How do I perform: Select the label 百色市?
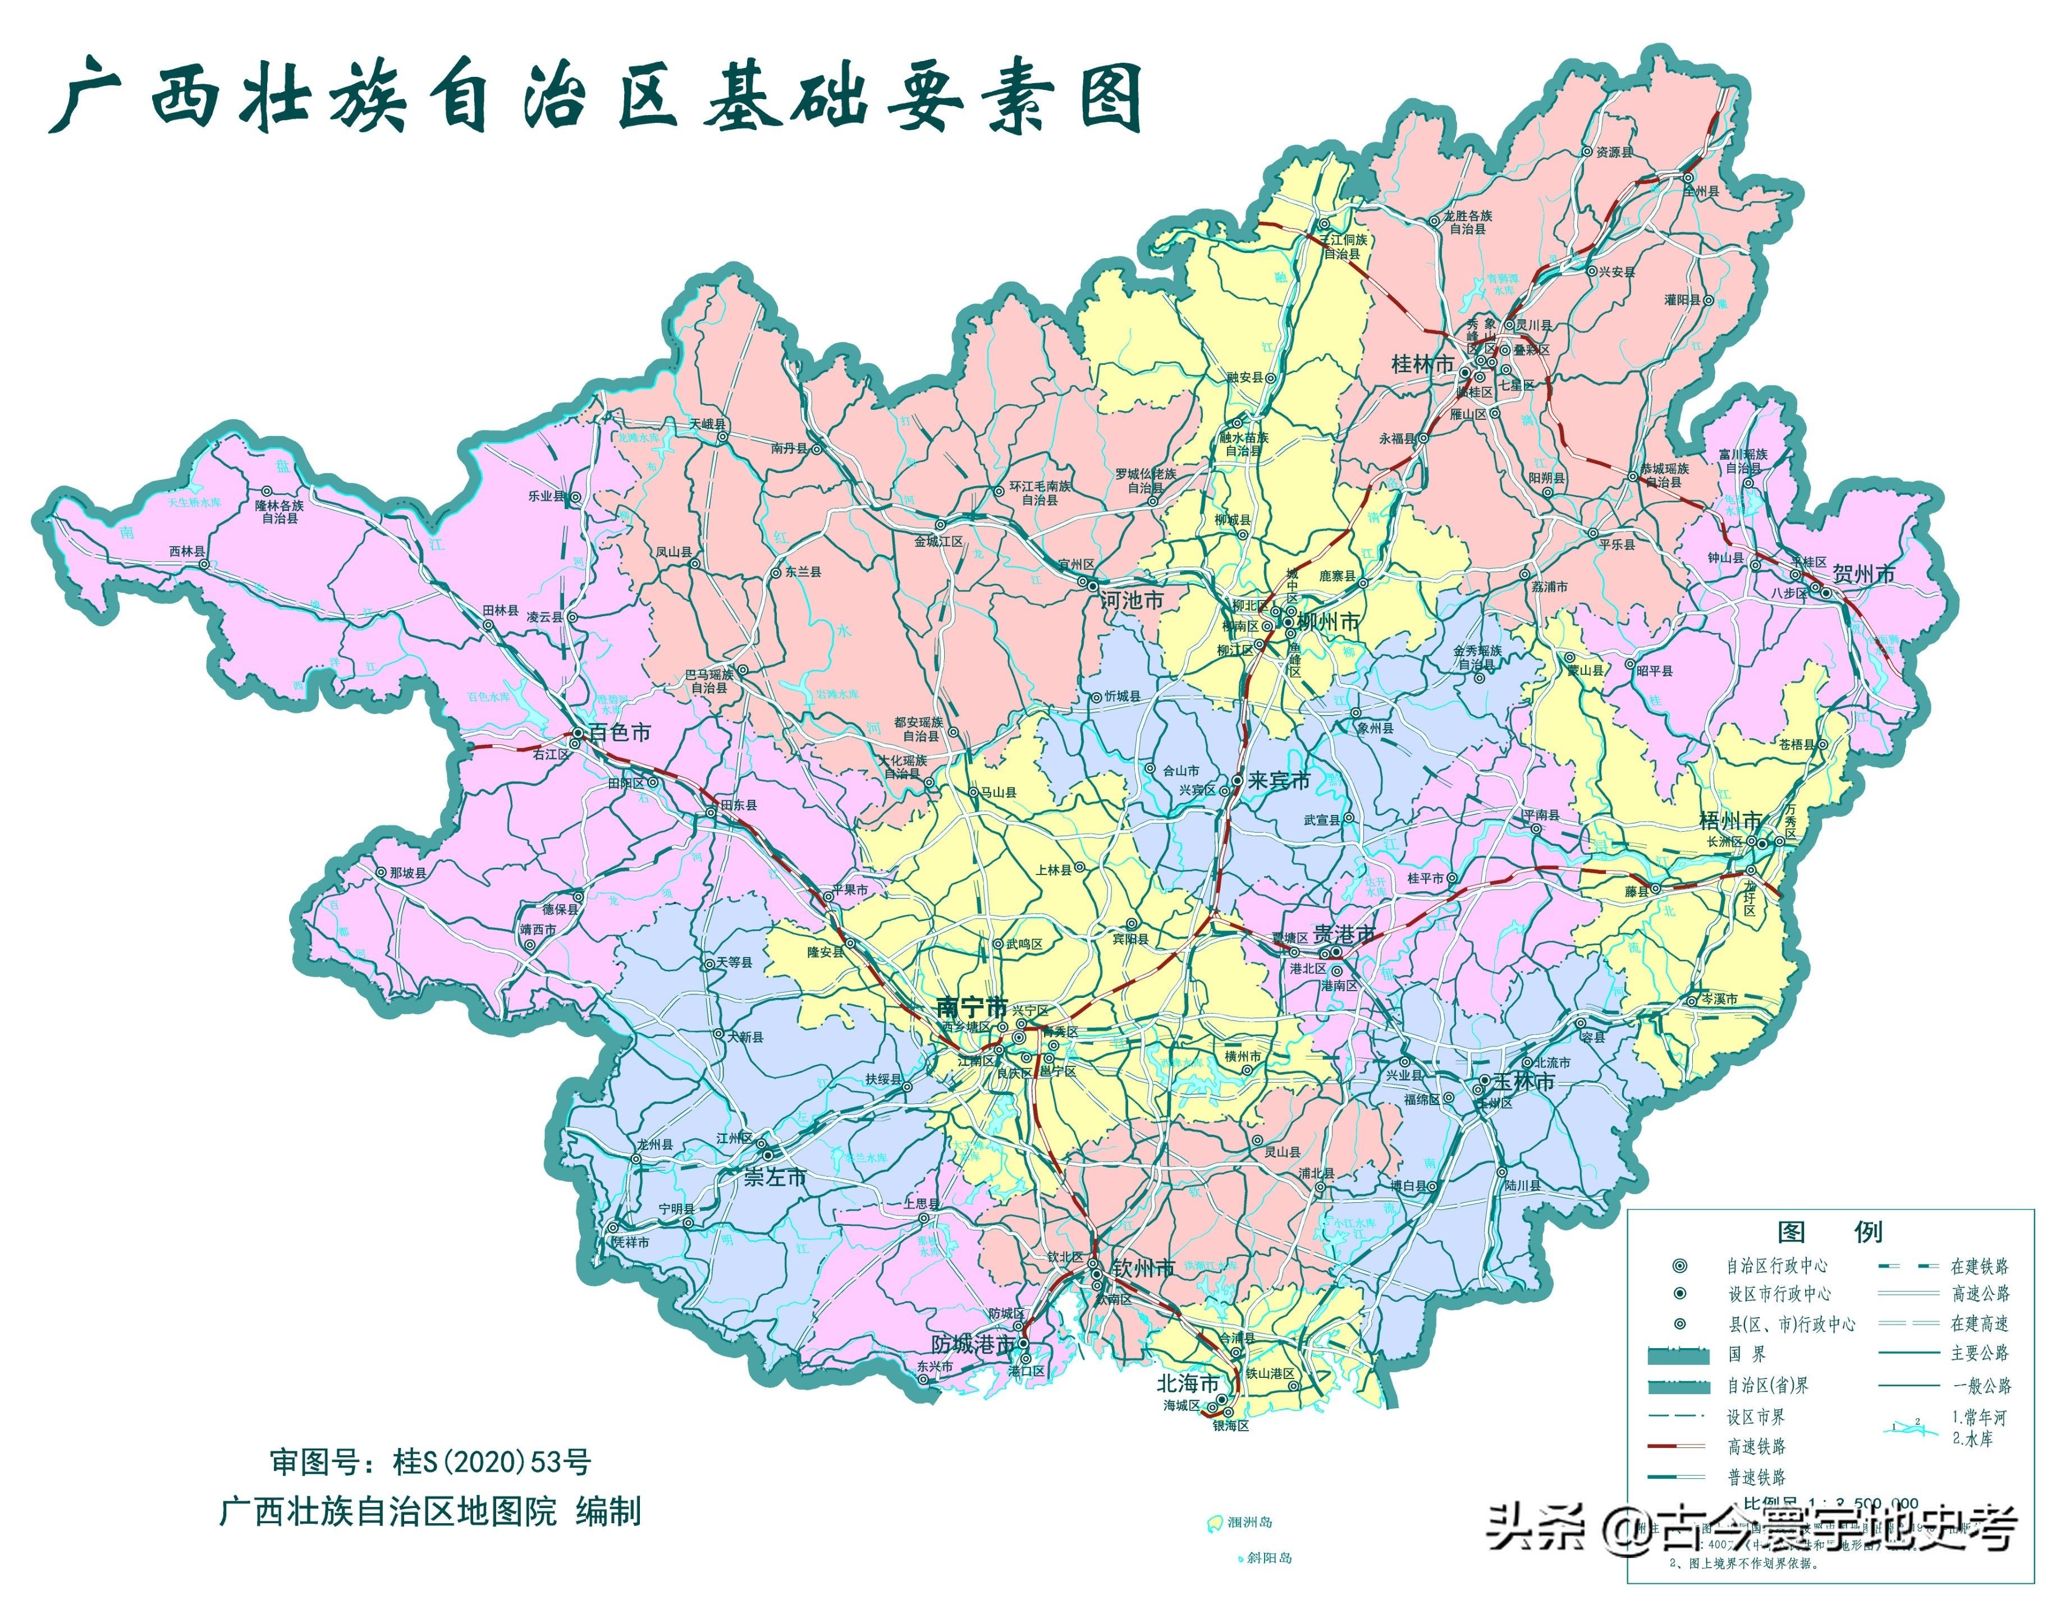tap(619, 733)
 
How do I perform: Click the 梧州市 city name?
tap(1730, 821)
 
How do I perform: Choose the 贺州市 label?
tap(1863, 575)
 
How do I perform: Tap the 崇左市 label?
tap(775, 1178)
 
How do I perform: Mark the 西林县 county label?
tap(186, 551)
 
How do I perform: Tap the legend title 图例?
tap(1830, 1232)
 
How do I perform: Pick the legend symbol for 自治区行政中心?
tap(1679, 1265)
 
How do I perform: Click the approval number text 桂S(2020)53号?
tap(492, 1463)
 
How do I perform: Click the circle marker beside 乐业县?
tap(575, 497)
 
